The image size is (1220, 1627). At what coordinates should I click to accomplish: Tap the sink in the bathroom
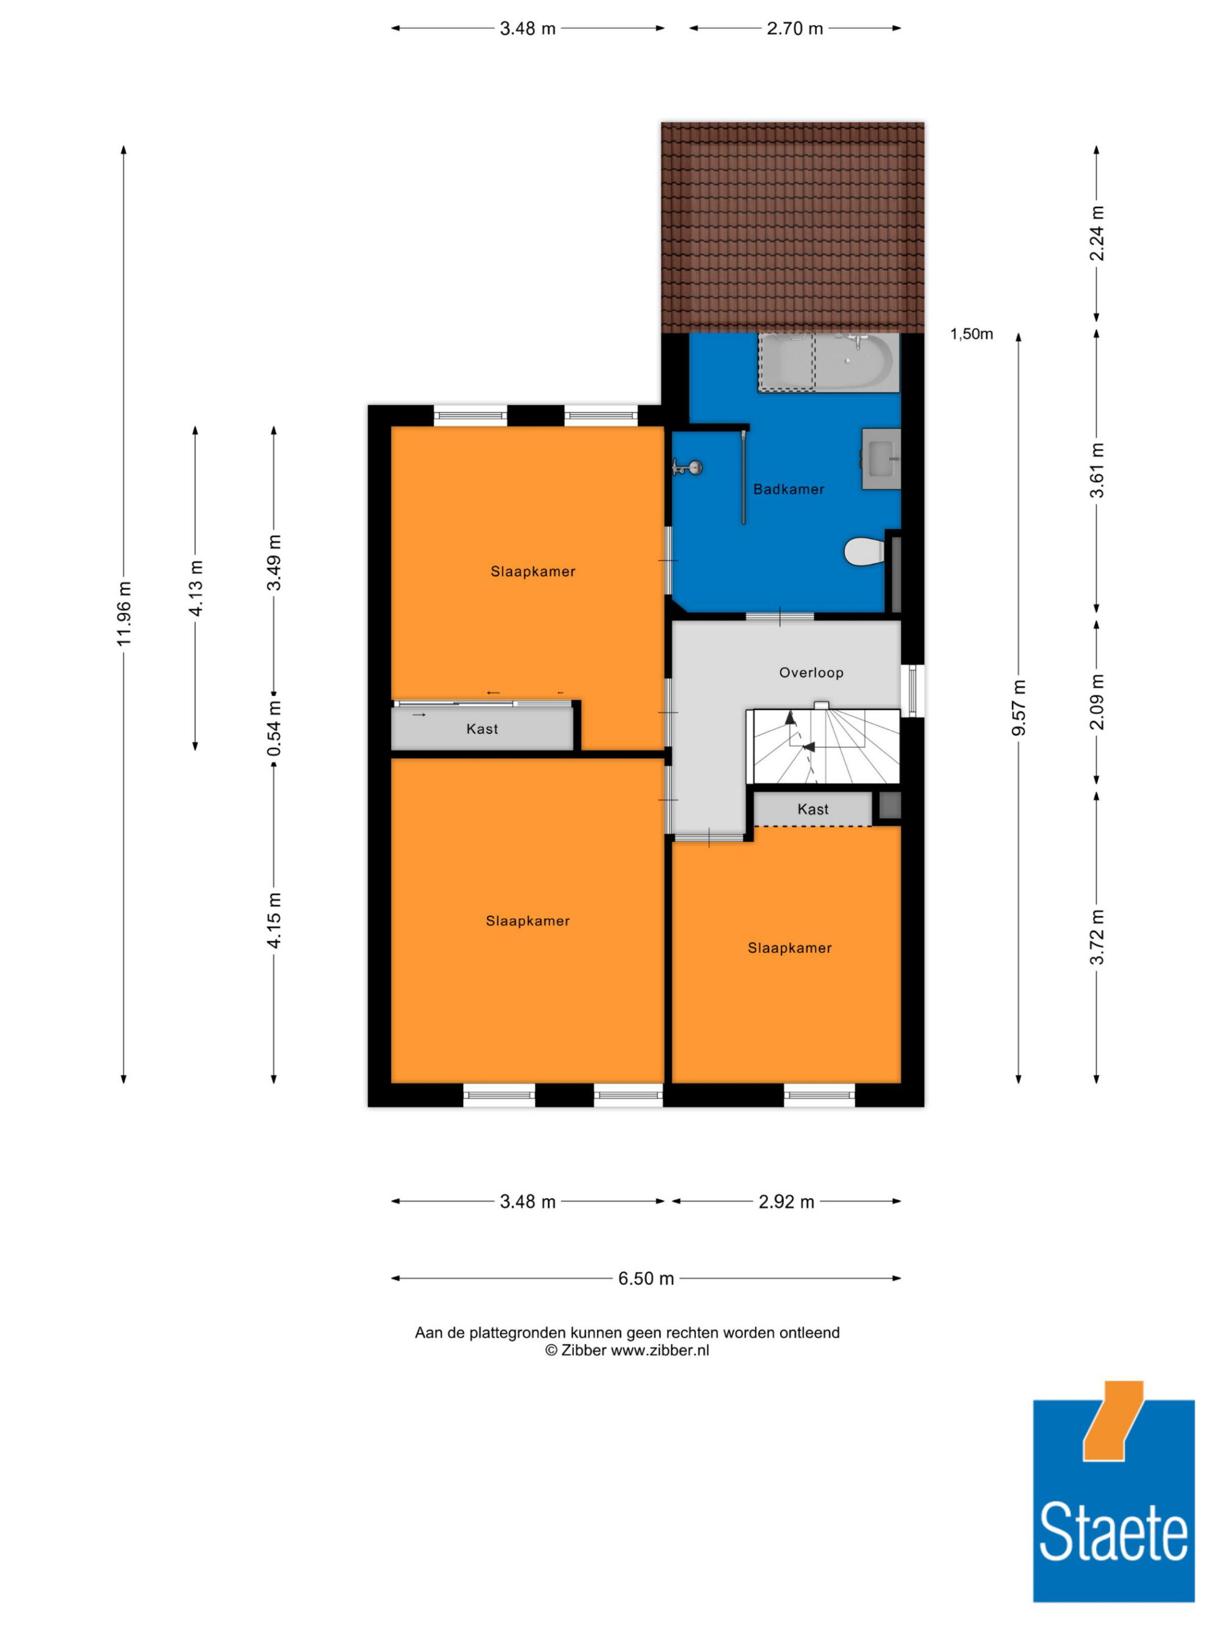881,459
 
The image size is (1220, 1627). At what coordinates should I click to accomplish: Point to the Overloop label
811,672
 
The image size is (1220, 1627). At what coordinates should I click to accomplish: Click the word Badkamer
788,489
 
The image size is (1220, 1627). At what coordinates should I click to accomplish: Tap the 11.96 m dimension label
124,614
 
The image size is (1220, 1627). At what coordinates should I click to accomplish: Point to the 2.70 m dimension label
795,29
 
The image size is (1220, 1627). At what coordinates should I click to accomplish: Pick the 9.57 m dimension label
1019,708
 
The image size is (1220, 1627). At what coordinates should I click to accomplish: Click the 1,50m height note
972,334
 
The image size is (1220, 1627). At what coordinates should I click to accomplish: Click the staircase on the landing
823,746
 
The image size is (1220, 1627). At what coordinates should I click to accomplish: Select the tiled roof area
792,228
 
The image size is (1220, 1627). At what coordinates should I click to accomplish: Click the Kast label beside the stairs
813,809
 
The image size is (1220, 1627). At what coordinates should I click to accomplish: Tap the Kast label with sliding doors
482,729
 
